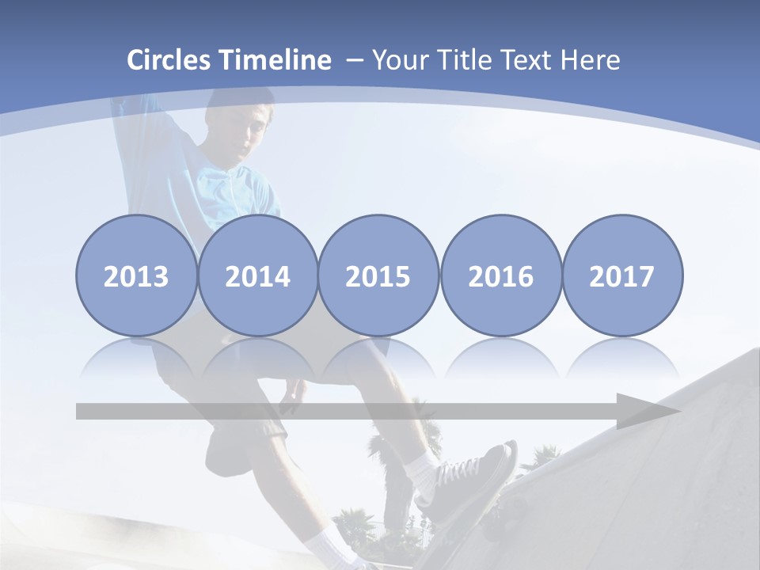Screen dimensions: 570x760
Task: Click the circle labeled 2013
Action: pos(136,275)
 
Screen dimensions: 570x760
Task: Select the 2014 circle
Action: pos(258,275)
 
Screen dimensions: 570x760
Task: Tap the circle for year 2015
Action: pos(378,275)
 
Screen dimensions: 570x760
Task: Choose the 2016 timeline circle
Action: pos(501,275)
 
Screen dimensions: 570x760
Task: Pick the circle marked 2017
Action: pos(622,275)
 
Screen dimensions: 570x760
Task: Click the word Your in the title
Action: pos(399,60)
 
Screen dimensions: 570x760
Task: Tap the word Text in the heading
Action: pos(526,60)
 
